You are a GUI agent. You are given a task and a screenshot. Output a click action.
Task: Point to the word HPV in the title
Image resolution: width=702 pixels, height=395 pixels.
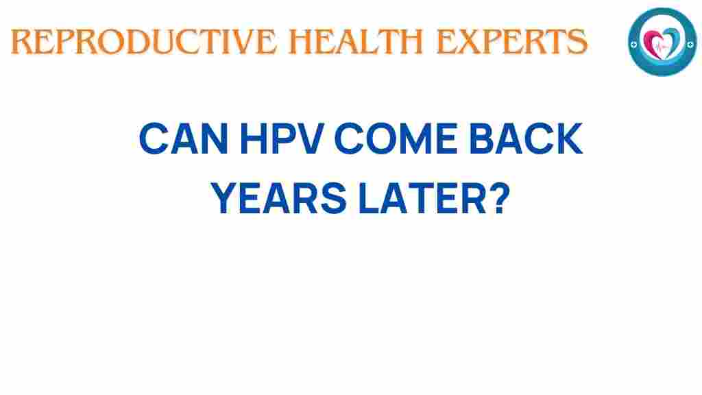(x=280, y=141)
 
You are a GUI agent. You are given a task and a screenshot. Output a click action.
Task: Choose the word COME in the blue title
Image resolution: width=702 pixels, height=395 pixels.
(x=398, y=141)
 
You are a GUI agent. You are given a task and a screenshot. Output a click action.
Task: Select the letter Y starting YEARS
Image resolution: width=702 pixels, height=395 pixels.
(x=223, y=199)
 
